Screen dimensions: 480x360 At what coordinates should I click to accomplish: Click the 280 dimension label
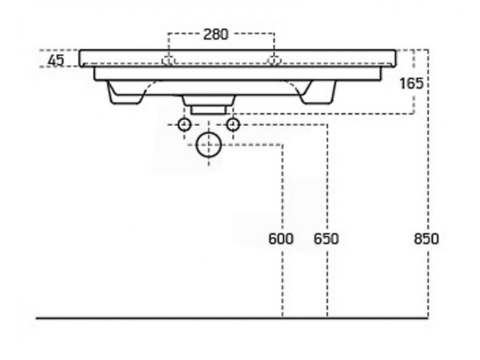coord(216,34)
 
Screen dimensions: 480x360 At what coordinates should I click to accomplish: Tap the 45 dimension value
coord(56,60)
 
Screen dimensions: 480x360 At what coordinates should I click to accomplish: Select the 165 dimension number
coord(412,83)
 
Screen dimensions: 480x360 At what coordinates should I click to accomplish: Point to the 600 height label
coord(281,238)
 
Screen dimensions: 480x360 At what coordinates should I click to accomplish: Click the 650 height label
coord(326,238)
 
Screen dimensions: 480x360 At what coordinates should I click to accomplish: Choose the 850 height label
coord(426,238)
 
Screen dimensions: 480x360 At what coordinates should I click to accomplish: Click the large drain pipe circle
coord(209,145)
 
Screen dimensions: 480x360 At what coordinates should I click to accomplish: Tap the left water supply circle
coord(185,125)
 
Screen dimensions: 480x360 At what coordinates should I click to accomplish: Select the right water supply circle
coord(233,125)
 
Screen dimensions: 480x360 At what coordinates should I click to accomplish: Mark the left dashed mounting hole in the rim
coord(168,60)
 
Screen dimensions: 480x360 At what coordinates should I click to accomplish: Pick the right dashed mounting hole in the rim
coord(274,60)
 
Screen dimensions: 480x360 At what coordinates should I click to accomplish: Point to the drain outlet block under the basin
coord(209,105)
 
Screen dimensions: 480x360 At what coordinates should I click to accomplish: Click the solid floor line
coord(232,318)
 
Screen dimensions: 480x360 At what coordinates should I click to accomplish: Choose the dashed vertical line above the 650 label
coord(327,178)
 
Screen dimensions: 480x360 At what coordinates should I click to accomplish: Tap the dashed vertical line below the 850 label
coord(428,282)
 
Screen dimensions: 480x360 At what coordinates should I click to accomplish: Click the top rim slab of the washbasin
coord(238,58)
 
